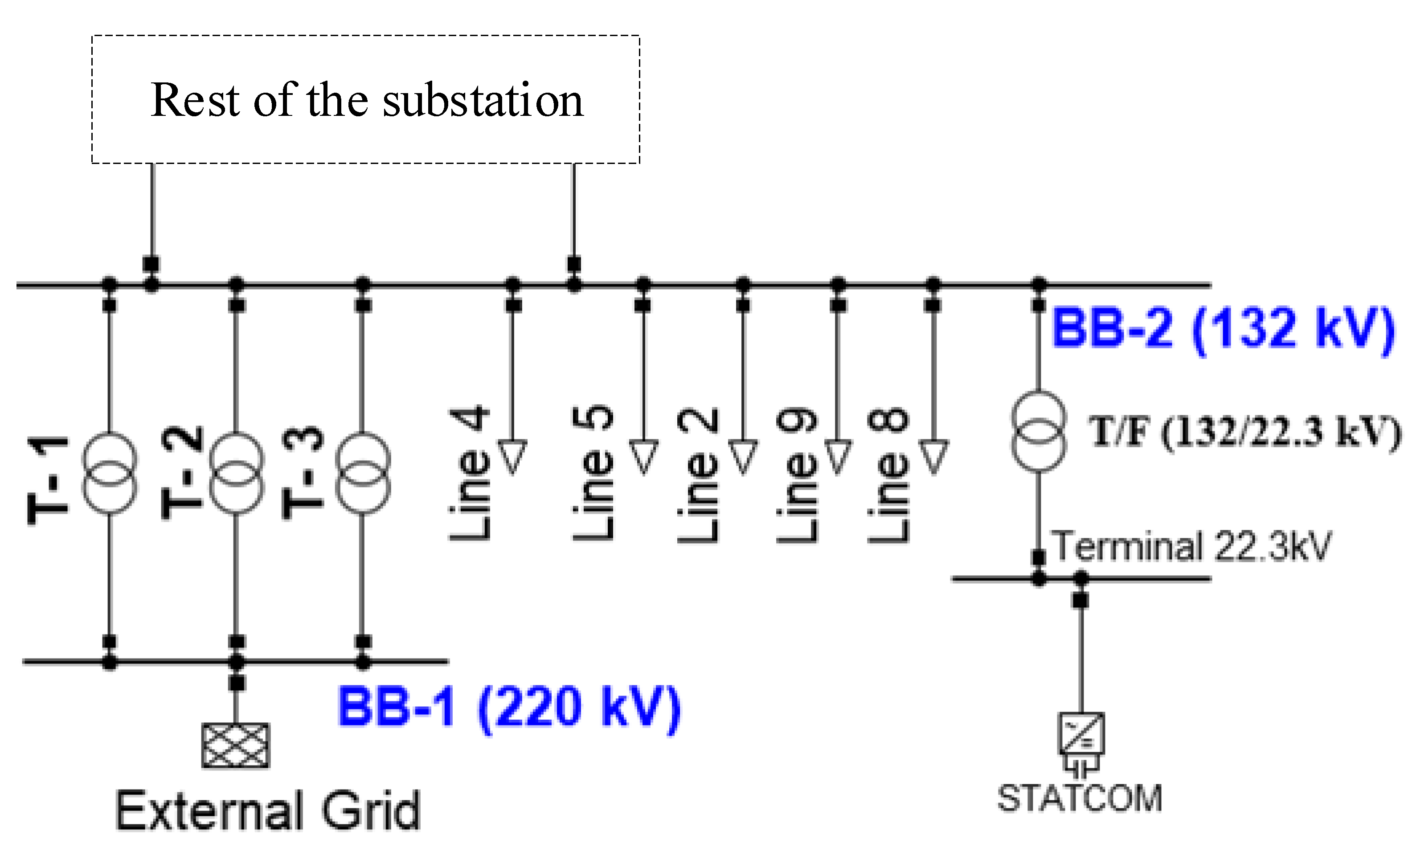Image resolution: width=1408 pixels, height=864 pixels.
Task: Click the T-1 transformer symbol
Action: pos(110,473)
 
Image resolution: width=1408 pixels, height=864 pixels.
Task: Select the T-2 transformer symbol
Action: pos(237,473)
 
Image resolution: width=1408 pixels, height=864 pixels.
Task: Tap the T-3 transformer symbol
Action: pos(363,473)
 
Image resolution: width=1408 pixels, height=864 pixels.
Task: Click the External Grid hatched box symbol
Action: pos(235,746)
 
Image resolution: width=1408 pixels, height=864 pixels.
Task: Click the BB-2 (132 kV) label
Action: pos(1223,328)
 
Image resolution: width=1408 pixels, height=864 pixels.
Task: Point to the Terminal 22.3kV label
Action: pos(1191,546)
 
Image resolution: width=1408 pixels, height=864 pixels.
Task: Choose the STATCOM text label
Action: pos(1080,799)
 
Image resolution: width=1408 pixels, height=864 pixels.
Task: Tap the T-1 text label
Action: pos(48,480)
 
